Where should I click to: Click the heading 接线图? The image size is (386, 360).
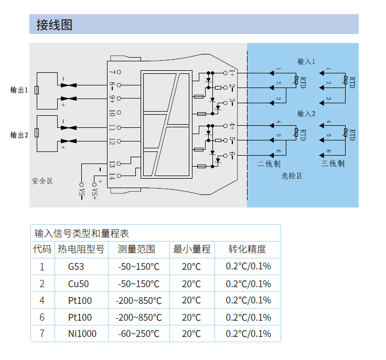[54, 25]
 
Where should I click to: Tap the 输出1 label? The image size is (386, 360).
[19, 90]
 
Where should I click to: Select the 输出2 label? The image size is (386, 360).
[19, 135]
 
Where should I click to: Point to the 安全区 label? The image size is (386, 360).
[42, 181]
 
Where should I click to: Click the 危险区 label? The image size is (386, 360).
[292, 176]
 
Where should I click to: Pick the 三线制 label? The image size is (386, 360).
[333, 164]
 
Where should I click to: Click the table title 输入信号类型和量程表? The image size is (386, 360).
[81, 233]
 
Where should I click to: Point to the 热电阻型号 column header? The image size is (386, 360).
[81, 249]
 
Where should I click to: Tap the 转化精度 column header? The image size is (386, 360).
[248, 249]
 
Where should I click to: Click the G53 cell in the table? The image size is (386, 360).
[76, 267]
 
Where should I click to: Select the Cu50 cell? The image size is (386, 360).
[78, 284]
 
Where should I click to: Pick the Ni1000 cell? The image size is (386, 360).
[82, 334]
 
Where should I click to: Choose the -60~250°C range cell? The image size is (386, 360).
[138, 334]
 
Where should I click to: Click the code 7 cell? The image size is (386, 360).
[42, 334]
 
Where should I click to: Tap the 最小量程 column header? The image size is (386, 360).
[192, 249]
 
